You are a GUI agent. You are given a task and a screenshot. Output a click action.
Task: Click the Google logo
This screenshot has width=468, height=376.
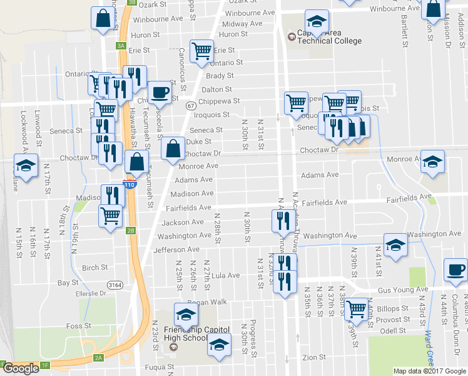point(21,368)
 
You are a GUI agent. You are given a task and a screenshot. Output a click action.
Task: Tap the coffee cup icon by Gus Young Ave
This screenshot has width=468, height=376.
point(455,270)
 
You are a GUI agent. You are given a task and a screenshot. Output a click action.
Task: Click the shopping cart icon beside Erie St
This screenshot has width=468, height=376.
point(201,51)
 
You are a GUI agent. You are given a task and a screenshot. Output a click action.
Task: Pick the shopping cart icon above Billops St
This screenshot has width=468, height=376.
point(356,308)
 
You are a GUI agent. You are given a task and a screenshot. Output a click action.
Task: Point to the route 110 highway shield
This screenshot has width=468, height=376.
point(128,185)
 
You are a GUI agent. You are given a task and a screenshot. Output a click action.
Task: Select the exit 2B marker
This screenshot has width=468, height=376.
point(131,230)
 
